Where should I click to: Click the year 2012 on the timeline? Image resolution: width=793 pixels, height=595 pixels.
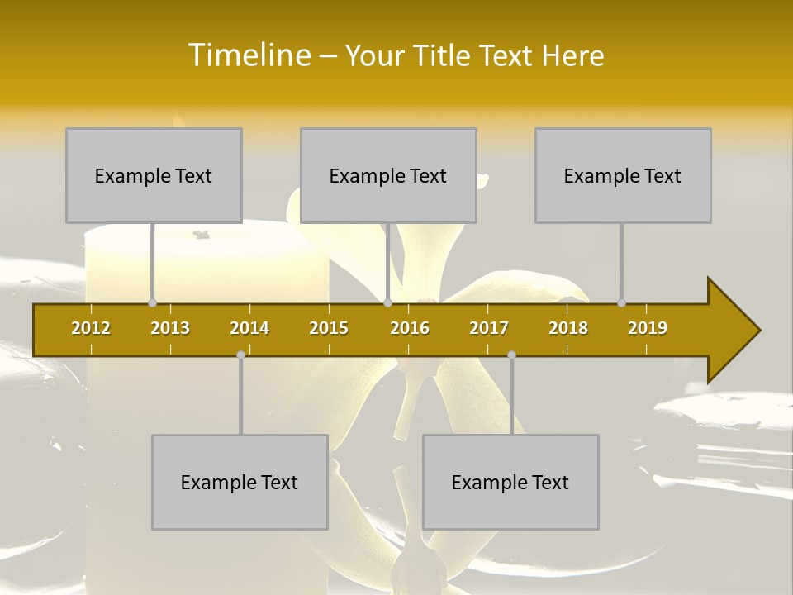click(91, 328)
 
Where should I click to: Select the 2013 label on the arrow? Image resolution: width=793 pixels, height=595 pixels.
click(170, 328)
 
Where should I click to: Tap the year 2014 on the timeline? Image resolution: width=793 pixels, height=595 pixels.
click(249, 328)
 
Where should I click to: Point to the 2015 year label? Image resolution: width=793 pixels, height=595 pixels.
click(329, 328)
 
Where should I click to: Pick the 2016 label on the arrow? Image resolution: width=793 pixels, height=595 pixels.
click(410, 328)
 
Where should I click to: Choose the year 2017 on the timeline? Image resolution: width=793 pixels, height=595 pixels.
click(489, 328)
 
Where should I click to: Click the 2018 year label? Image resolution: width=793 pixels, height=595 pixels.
click(568, 328)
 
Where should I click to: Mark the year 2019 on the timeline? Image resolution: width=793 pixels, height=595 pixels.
click(648, 328)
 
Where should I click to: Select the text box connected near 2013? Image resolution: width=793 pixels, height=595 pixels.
click(154, 176)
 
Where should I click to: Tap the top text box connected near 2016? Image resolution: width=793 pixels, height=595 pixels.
click(388, 176)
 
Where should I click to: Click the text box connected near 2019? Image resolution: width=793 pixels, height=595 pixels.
click(623, 176)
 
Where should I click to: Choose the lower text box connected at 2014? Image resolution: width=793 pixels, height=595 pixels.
click(240, 483)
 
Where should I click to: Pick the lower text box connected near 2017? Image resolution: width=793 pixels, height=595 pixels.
click(510, 483)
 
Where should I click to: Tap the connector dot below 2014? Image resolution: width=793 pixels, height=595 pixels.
click(240, 355)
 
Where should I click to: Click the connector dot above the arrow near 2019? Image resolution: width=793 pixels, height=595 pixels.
click(622, 302)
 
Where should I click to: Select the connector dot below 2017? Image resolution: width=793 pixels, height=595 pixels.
click(511, 355)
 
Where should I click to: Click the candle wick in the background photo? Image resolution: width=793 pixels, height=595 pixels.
click(201, 235)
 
